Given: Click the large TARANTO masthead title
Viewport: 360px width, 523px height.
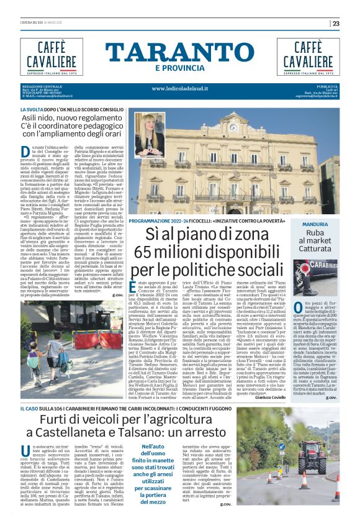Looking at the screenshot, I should pos(179,52).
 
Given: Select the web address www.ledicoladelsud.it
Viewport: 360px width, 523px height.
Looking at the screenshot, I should pos(179,88).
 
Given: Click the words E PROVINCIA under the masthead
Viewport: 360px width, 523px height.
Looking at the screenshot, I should pos(179,68).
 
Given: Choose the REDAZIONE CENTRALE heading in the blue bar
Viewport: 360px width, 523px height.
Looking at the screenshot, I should pos(42,86).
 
